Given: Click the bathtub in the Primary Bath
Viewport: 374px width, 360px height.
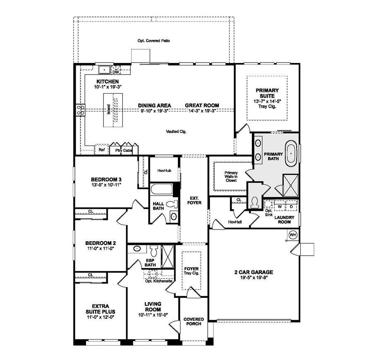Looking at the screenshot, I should click(x=291, y=153).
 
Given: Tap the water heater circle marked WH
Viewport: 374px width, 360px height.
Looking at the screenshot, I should click(x=293, y=234).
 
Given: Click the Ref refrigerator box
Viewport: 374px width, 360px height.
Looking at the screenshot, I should click(x=101, y=150).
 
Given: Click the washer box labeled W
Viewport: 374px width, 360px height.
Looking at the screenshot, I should click(x=280, y=206).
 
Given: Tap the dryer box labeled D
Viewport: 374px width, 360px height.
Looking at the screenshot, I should click(x=291, y=206).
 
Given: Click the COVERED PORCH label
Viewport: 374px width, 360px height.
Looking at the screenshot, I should click(x=194, y=321).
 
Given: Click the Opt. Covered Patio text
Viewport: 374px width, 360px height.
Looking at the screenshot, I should click(x=154, y=41).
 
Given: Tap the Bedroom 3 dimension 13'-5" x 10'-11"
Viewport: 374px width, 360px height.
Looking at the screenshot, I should click(x=103, y=185).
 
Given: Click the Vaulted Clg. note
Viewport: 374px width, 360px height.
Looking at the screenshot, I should click(x=177, y=131).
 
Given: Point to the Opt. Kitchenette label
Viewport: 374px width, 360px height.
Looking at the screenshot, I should click(x=159, y=280).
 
